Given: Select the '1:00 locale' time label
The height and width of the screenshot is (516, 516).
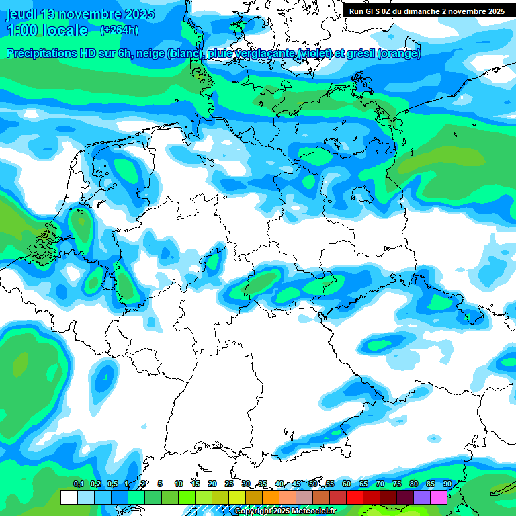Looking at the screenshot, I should (47, 30).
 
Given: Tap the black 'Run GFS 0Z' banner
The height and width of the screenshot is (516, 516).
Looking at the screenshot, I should (427, 11).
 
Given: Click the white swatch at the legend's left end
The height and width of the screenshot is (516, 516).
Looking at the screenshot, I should (69, 497).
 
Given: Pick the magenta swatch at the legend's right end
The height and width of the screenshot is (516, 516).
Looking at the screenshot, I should (439, 497).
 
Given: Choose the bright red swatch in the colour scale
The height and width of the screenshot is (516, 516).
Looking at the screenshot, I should (355, 497).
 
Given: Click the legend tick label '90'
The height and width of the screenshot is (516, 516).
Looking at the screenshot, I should (447, 484).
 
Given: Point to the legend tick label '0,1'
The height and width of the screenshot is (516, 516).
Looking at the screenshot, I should (78, 484).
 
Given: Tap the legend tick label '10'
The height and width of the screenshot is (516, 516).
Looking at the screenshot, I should (179, 484).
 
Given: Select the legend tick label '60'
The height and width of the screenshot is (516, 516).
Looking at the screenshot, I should (347, 484).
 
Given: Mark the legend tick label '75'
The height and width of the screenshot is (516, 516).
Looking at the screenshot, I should (397, 484).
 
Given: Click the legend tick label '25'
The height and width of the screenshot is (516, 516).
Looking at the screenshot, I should (229, 484).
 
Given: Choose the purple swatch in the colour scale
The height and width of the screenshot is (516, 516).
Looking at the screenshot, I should (422, 497).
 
